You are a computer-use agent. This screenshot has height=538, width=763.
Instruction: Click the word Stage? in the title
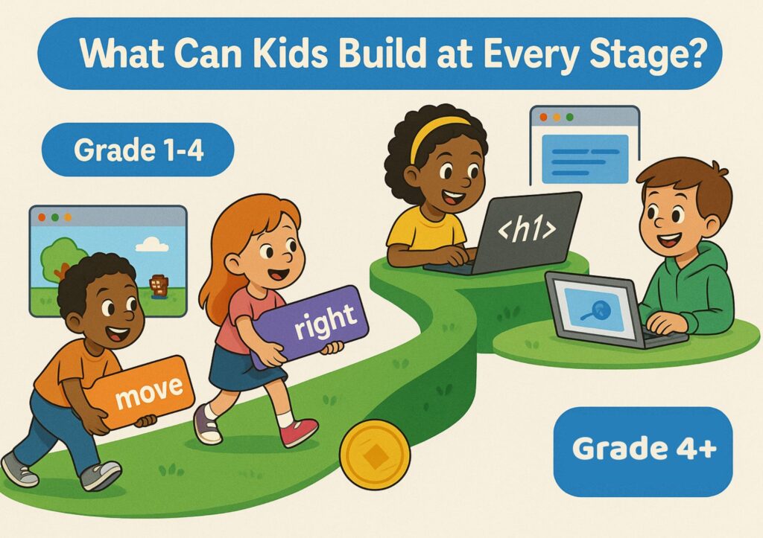pos(647,54)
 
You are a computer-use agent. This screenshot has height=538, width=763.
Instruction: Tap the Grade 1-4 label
pos(138,150)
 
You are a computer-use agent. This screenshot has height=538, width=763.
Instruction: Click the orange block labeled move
pos(142,392)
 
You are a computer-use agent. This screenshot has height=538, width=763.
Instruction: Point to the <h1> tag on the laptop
pos(527,230)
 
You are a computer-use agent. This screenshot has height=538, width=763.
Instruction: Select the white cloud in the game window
pos(152,245)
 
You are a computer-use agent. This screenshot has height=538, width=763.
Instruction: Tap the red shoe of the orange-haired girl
pos(299,432)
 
